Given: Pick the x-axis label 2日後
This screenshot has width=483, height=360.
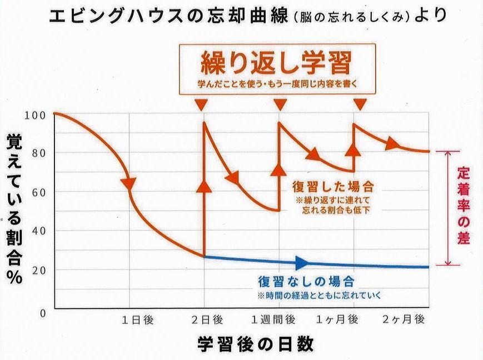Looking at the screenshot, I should pyautogui.click(x=207, y=320).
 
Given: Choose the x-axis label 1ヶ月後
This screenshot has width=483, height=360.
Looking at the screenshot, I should pyautogui.click(x=337, y=320).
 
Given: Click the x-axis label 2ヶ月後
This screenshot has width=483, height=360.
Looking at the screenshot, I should pyautogui.click(x=404, y=320).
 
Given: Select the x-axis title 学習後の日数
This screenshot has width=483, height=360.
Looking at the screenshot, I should pyautogui.click(x=255, y=344).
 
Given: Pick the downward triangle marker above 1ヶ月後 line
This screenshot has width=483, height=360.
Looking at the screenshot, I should pyautogui.click(x=360, y=104).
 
